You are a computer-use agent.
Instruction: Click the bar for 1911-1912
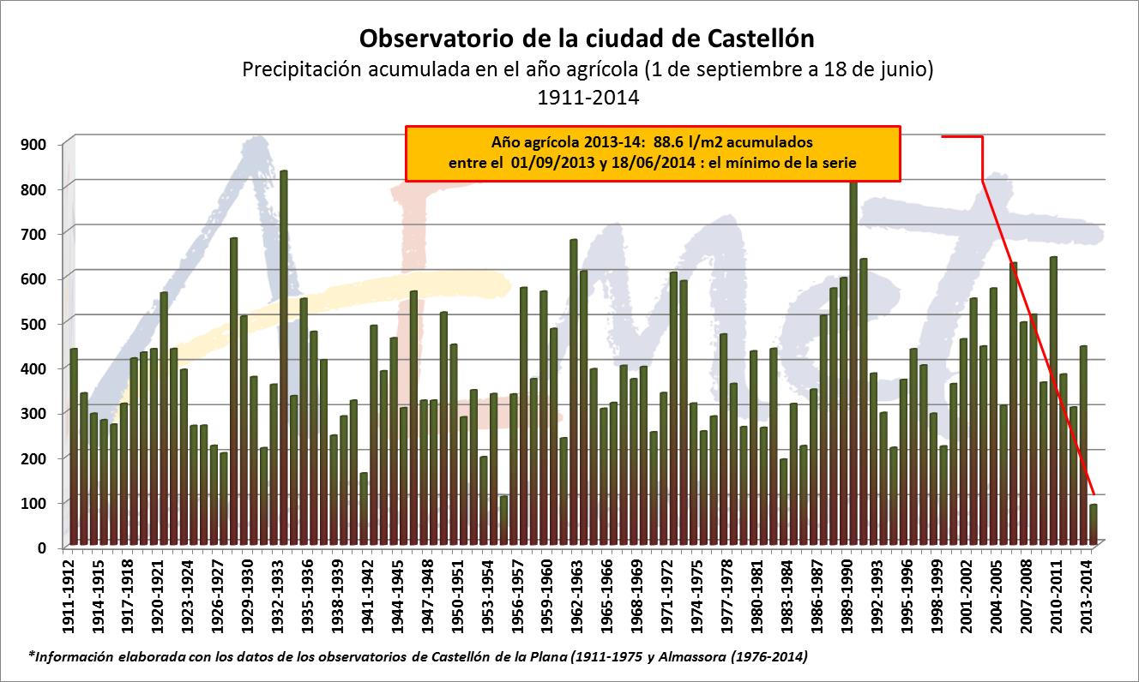click(x=74, y=446)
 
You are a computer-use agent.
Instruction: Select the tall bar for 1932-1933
click(x=283, y=360)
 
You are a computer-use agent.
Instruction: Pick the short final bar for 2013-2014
click(x=1093, y=524)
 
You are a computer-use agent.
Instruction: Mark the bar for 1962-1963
click(x=574, y=394)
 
